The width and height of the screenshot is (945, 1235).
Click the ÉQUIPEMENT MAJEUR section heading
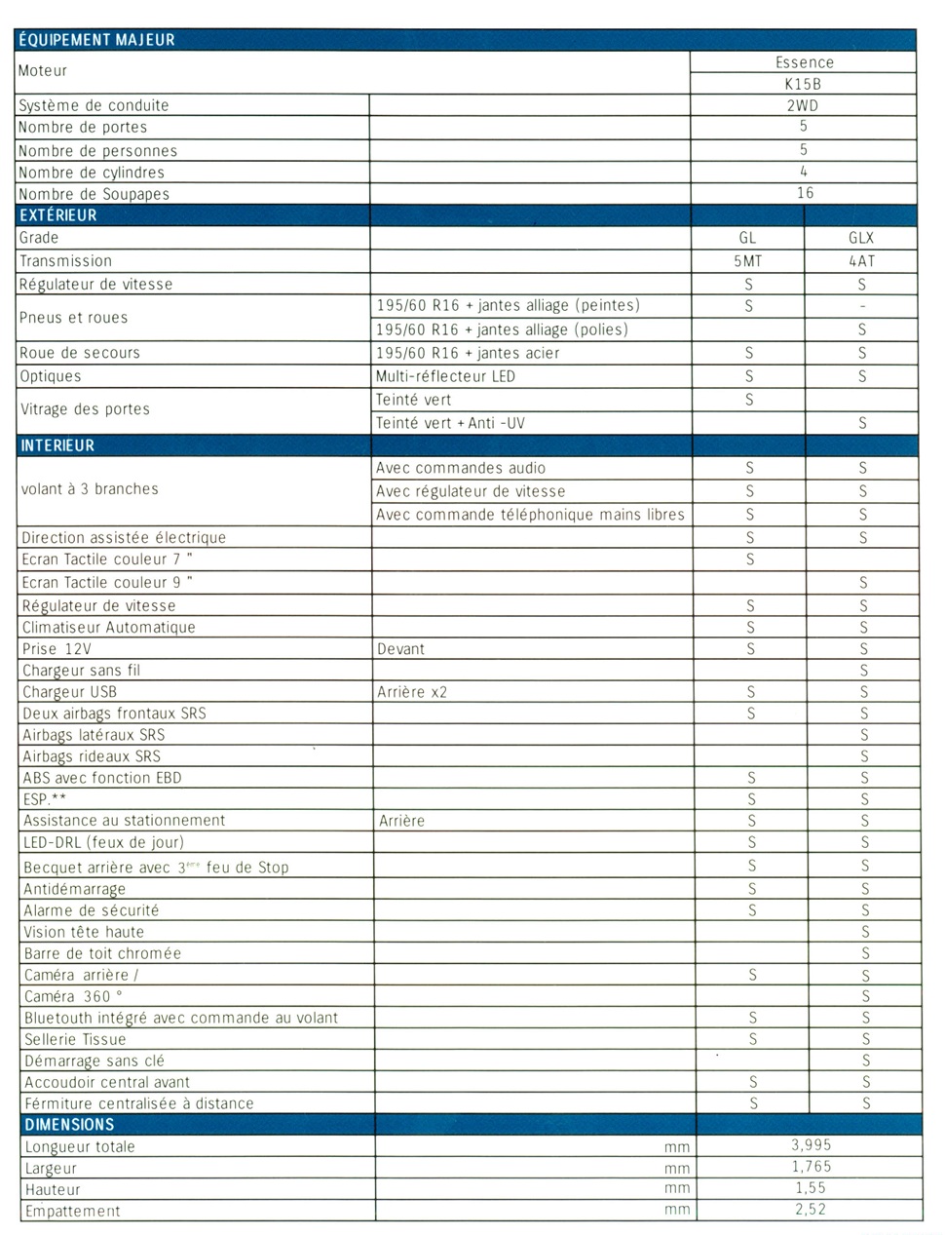pos(96,40)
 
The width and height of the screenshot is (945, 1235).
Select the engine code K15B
pos(803,84)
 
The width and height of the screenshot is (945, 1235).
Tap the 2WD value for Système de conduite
pos(803,105)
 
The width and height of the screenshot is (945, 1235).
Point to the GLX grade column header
pos(861,238)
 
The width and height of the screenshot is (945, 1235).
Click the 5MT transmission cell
pos(747,261)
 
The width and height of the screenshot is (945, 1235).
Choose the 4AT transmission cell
pos(861,261)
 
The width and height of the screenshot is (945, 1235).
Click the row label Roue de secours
pos(80,353)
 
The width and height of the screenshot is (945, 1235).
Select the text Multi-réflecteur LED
pos(445,376)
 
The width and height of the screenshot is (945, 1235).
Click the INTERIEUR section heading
pos(57,445)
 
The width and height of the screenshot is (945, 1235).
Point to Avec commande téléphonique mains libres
pos(530,515)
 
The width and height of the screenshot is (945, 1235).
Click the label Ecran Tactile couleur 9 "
pos(107,582)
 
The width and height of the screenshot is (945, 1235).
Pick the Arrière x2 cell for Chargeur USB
pos(412,692)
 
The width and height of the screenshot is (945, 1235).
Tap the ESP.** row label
pos(45,799)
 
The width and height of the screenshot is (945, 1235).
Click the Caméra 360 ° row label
pos(74,996)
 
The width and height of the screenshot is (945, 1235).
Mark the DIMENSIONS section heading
pos(69,1124)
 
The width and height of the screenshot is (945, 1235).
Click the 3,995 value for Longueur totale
pos(811,1145)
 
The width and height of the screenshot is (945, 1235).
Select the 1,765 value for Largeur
pos(811,1167)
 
